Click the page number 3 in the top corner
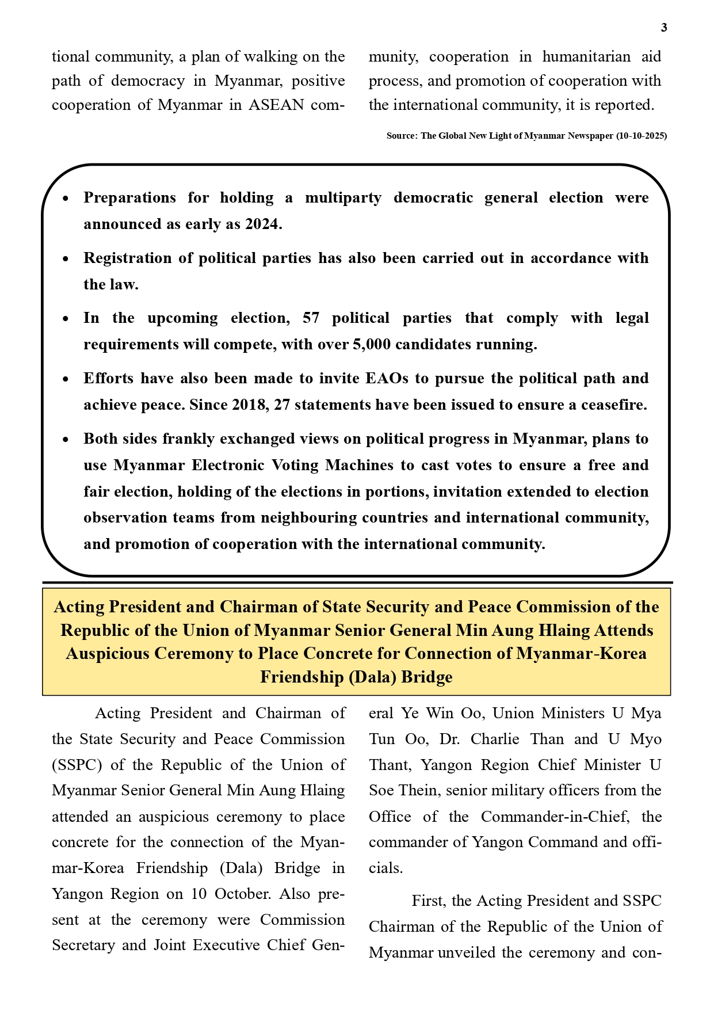click(x=664, y=28)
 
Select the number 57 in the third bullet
click(x=311, y=318)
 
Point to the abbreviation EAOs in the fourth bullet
click(x=387, y=379)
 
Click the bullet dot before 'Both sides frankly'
click(x=66, y=440)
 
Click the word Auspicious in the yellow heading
click(x=106, y=654)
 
